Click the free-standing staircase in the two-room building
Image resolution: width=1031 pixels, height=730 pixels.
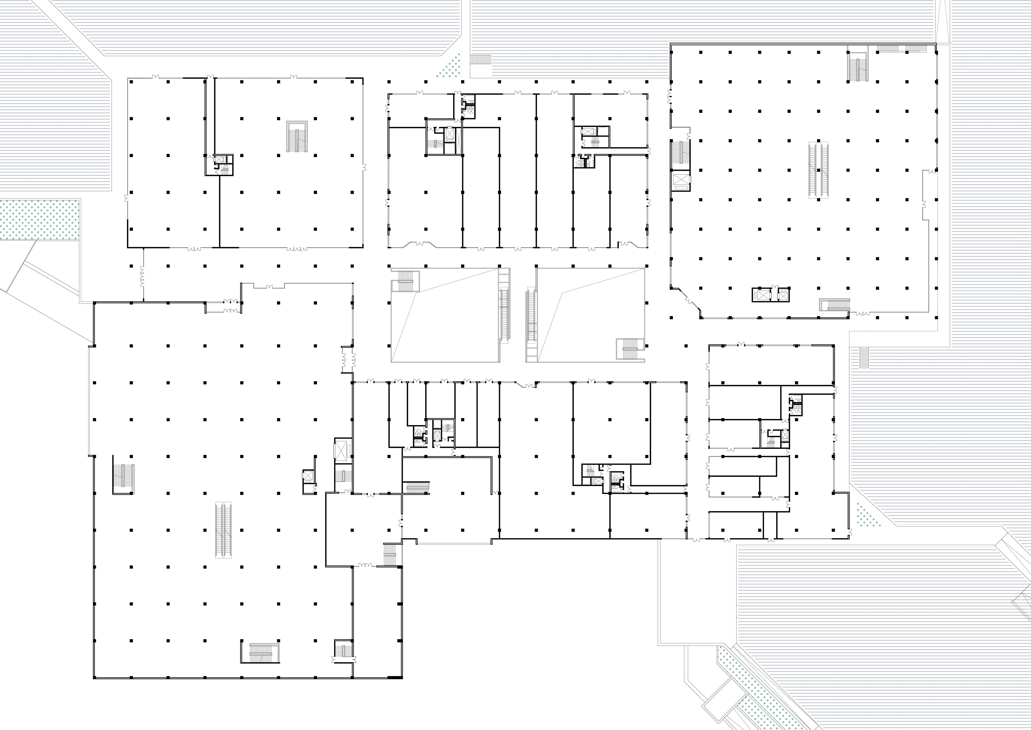(x=297, y=136)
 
